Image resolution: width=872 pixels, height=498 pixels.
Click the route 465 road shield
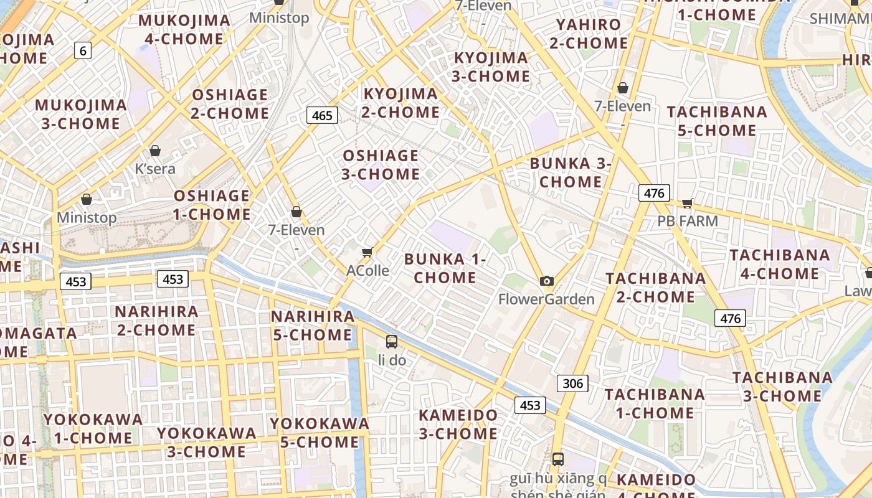pos(322,115)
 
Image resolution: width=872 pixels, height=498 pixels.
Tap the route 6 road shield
pos(83,50)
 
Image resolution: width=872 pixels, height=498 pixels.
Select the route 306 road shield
pos(572,383)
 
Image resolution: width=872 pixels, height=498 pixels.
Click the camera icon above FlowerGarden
pos(547,281)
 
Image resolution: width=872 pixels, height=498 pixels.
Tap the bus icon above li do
pos(391,341)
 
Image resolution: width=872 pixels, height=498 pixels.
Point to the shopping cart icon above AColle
pos(367,252)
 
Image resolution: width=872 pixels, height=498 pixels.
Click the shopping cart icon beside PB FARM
pos(688,203)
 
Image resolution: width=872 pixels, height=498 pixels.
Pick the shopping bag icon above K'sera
pos(155,151)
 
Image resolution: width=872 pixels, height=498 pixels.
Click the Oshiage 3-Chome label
pos(381,164)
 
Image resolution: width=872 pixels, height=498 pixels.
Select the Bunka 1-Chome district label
pos(445,268)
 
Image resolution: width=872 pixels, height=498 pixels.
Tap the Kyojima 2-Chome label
pos(401,103)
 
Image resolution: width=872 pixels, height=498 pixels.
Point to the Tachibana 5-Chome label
pos(717,121)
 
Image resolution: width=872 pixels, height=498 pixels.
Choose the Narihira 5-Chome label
pos(313,326)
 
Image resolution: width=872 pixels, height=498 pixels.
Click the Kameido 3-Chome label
pos(458,424)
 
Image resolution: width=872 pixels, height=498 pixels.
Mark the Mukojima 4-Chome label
pos(184,30)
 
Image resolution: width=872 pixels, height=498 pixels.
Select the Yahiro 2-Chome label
pos(589,34)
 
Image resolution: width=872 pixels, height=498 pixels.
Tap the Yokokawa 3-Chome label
pos(206,442)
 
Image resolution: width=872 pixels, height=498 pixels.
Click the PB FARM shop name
pos(688,221)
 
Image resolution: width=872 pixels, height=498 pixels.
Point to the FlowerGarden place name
pos(546,299)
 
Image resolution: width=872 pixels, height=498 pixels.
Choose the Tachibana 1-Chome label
pos(655,403)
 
